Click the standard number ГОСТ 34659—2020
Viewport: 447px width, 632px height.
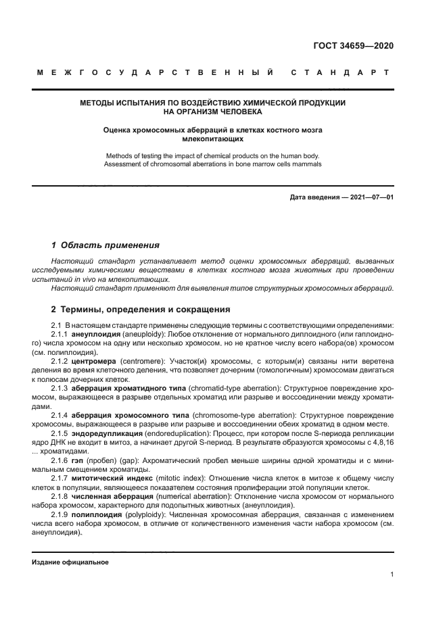click(x=354, y=47)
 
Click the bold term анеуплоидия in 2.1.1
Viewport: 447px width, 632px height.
click(x=96, y=334)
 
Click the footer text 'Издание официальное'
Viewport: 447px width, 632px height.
click(x=70, y=562)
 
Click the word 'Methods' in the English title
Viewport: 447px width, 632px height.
click(x=118, y=155)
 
